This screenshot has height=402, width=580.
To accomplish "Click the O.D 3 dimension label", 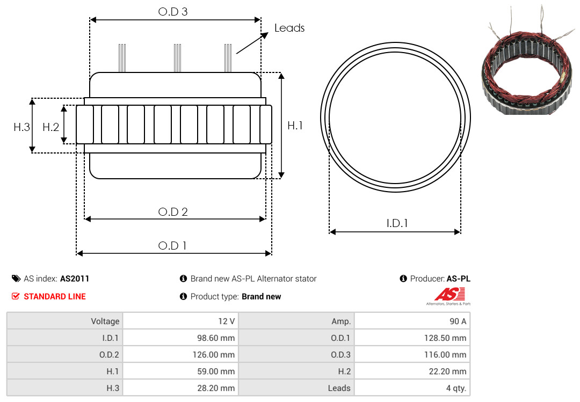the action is point(173,11).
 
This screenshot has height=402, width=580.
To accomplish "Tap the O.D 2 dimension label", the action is point(173,211).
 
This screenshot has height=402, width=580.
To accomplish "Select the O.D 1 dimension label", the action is point(172,246).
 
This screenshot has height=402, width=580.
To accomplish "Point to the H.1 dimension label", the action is point(295,126).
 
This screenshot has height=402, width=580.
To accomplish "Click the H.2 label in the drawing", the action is point(50,127).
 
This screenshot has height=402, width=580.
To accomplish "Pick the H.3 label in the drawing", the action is point(22,127).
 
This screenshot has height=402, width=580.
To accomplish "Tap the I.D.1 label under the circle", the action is point(397,223).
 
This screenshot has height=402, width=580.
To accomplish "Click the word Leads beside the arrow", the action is point(289,28).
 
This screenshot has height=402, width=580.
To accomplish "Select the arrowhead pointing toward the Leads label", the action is point(264,35).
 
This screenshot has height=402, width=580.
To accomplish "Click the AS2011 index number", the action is point(75,279).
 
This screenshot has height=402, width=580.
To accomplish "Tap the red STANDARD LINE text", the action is point(55,296).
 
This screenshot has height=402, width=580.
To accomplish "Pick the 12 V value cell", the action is point(180,321).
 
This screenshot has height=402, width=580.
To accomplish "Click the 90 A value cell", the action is point(412,321).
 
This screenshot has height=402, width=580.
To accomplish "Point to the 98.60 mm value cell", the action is point(180,338).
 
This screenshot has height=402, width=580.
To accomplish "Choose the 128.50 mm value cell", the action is point(412,338).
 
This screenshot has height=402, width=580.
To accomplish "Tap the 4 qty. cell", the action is point(412,388).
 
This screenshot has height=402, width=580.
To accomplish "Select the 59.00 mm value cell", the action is point(180,371).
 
